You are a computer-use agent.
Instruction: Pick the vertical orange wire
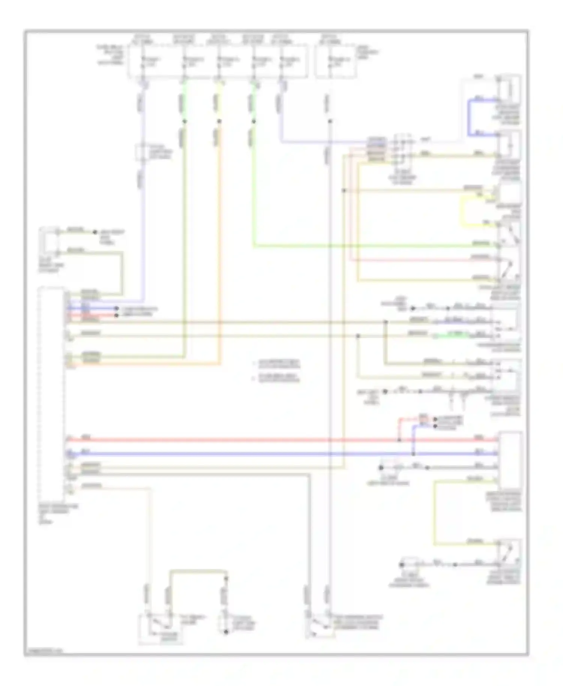[220, 244]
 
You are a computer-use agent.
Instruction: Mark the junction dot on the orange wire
[220, 121]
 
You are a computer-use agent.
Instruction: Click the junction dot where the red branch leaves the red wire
[399, 439]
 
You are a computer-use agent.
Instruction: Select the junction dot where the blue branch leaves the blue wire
[413, 454]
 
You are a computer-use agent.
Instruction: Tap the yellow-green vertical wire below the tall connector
[435, 514]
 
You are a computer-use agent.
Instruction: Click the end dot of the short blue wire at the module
[116, 308]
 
